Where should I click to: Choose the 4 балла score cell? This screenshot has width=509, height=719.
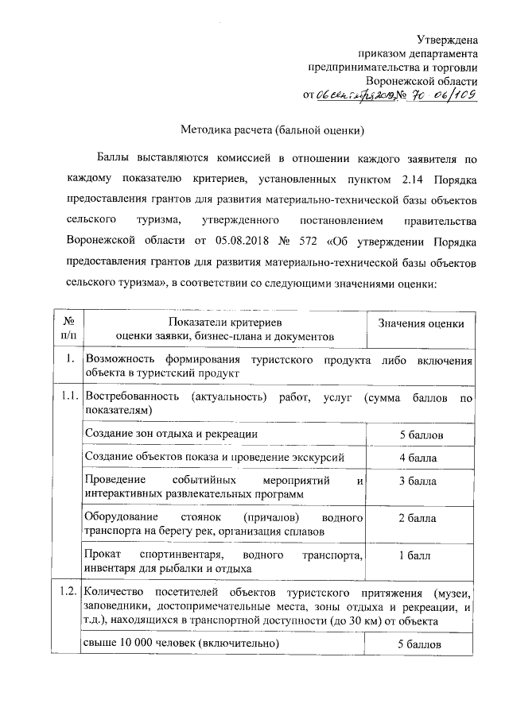click(x=418, y=458)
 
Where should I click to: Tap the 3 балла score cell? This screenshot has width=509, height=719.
click(x=418, y=481)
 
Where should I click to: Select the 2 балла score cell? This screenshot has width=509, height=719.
click(x=418, y=518)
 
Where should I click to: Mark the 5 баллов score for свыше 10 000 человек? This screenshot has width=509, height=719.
click(x=420, y=644)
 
